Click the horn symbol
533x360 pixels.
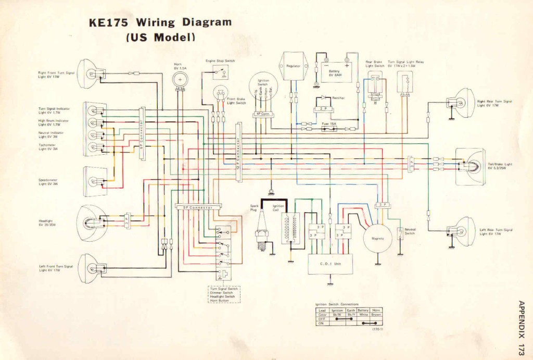tap(180, 80)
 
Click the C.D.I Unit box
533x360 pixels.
tap(330, 264)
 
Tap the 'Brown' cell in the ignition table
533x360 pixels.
tap(376, 314)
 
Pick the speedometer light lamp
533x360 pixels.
tap(94, 181)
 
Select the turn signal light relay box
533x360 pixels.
tap(406, 82)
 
